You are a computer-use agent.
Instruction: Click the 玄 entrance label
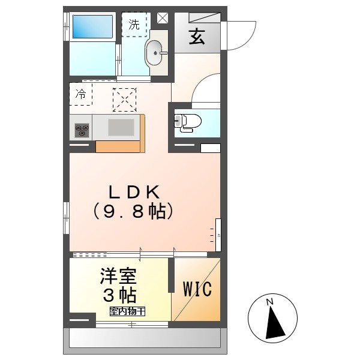coord(196,37)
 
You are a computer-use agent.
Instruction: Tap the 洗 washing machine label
coord(134,25)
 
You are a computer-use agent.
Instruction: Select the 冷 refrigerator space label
coord(81,94)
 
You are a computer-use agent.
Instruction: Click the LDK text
coord(133,193)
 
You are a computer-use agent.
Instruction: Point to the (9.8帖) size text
coord(133,212)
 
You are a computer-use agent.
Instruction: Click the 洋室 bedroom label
coord(118,277)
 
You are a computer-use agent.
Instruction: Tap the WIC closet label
coord(197,290)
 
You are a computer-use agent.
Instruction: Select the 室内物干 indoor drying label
coord(127,311)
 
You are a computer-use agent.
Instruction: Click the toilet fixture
coord(187,122)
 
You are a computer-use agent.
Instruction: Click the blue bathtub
coord(93,28)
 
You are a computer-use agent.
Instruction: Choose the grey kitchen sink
coord(121,127)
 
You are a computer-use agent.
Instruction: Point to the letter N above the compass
coord(270,301)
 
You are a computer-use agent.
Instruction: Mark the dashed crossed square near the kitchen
coord(125,100)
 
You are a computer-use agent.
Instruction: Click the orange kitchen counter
coord(118,146)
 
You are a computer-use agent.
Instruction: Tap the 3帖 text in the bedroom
coord(118,295)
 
